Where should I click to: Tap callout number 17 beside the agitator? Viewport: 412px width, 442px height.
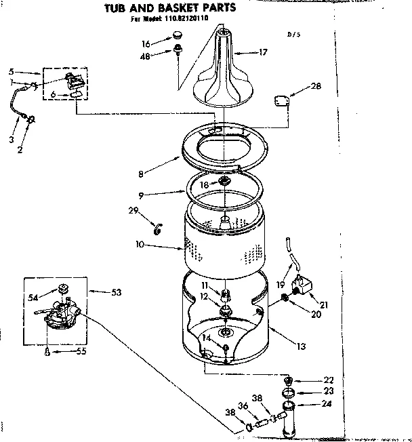point(264,51)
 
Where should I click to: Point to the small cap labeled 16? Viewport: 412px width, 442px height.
point(179,33)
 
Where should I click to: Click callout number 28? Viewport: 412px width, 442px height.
point(316,86)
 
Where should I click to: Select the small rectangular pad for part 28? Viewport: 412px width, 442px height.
point(281,100)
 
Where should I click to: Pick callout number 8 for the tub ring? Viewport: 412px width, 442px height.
point(140,174)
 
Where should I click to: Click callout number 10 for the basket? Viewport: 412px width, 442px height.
point(139,244)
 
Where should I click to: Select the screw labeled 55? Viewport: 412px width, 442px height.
point(46,351)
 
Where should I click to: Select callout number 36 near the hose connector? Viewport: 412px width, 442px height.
point(243,408)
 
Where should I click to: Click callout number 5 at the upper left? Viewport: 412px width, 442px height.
point(12,71)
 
